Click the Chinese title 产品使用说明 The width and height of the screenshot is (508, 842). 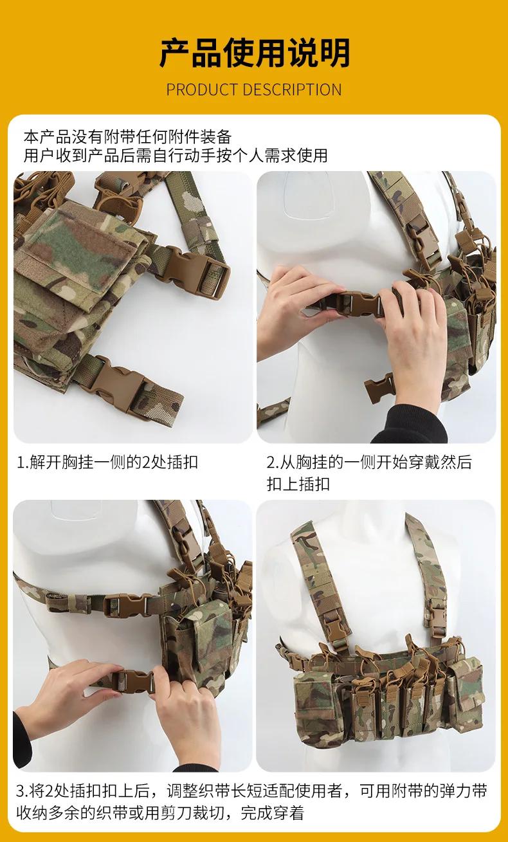pos(255,53)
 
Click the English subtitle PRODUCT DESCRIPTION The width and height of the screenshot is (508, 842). pos(254,90)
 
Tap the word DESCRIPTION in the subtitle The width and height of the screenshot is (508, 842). pos(292,90)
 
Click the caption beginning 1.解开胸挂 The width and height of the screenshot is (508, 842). pos(107,462)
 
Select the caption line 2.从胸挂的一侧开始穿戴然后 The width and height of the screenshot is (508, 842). pos(369,462)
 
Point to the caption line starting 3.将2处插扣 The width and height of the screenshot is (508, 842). pos(251,791)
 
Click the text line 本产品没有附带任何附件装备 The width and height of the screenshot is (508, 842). pos(127,137)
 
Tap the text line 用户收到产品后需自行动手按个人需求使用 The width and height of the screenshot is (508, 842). pos(176,156)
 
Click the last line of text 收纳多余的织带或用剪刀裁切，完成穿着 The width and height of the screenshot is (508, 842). pos(160,812)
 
